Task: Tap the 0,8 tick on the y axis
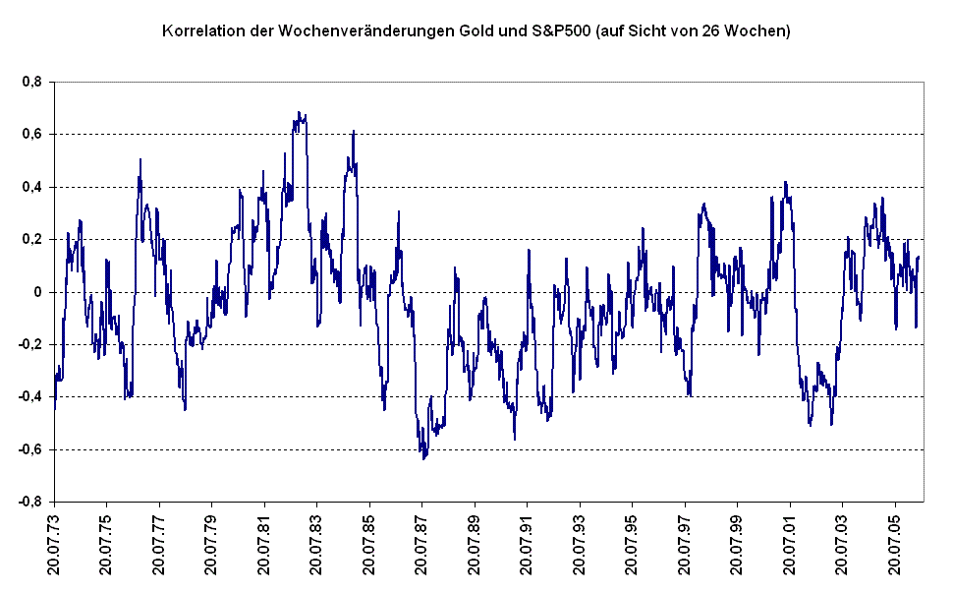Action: pyautogui.click(x=31, y=83)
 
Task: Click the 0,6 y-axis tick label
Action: pyautogui.click(x=31, y=135)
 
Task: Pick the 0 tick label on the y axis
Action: pyautogui.click(x=37, y=292)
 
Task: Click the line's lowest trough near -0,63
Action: pyautogui.click(x=423, y=458)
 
